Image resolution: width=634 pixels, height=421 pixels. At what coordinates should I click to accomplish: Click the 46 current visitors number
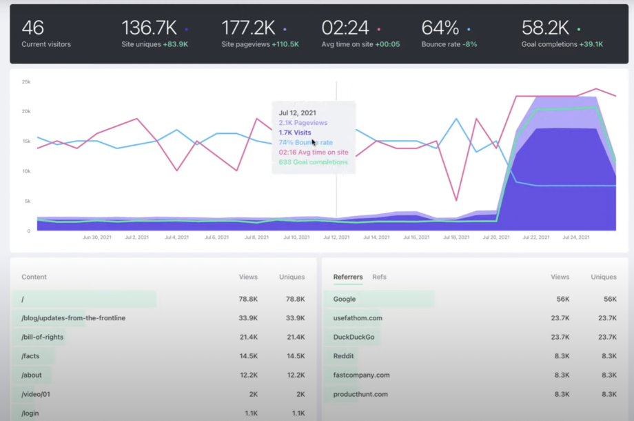pyautogui.click(x=33, y=28)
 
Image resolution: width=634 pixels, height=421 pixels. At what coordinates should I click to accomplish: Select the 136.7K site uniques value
pyautogui.click(x=149, y=28)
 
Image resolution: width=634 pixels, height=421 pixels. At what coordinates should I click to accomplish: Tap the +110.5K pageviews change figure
pyautogui.click(x=285, y=44)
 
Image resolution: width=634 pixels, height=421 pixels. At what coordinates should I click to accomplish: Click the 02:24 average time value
pyautogui.click(x=345, y=28)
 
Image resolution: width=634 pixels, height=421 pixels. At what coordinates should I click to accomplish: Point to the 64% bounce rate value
pyautogui.click(x=440, y=28)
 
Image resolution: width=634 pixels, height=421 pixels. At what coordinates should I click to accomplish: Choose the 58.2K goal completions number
pyautogui.click(x=545, y=28)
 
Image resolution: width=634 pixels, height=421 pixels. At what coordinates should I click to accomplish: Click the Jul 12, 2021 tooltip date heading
pyautogui.click(x=298, y=112)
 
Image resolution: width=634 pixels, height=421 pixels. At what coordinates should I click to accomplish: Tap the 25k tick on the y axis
pyautogui.click(x=26, y=81)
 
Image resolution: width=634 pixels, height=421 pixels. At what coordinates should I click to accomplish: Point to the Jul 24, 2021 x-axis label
pyautogui.click(x=576, y=237)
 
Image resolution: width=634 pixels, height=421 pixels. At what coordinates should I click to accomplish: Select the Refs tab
pyautogui.click(x=379, y=277)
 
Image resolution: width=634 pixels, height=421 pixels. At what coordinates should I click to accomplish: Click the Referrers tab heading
pyautogui.click(x=347, y=277)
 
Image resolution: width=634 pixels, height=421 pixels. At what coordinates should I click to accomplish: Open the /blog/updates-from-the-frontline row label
pyautogui.click(x=73, y=318)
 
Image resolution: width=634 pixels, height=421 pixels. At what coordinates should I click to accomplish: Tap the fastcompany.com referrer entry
pyautogui.click(x=361, y=375)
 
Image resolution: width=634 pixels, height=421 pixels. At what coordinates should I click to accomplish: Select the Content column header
pyautogui.click(x=34, y=277)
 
